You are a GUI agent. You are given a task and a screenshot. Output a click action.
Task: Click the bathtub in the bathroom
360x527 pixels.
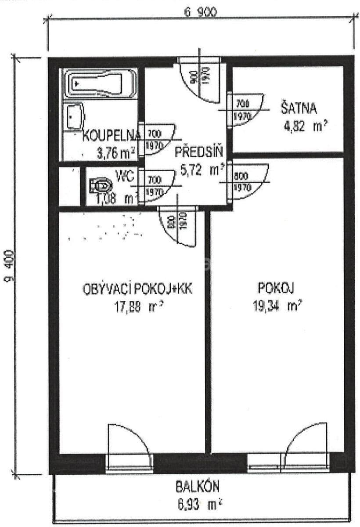(x=99, y=83)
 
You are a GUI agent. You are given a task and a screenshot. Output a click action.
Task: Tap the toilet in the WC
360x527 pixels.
(x=100, y=186)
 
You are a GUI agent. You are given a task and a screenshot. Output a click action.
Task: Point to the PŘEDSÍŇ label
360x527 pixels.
(x=199, y=152)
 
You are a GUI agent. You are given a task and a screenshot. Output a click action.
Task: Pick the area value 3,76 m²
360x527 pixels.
(x=115, y=154)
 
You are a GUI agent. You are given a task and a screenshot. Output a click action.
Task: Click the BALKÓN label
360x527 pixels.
(x=198, y=487)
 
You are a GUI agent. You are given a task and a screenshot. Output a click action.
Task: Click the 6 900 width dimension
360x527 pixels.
(x=201, y=13)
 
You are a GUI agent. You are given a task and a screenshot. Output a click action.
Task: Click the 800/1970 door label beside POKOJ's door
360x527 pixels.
(x=242, y=181)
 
